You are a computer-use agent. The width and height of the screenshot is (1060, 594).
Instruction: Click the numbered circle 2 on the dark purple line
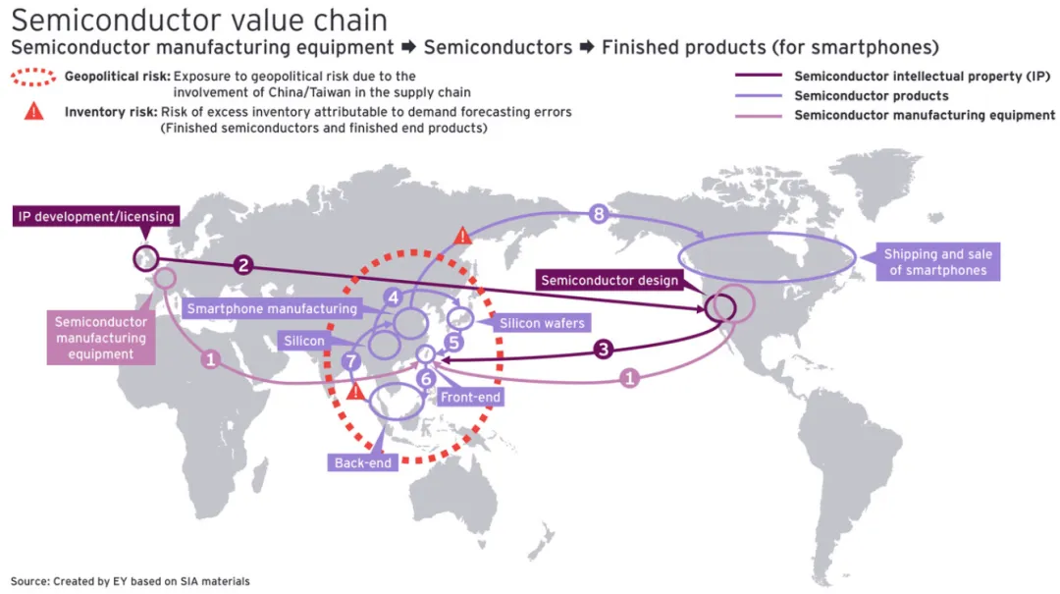[244, 265]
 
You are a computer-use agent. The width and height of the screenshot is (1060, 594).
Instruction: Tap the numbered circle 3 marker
[605, 349]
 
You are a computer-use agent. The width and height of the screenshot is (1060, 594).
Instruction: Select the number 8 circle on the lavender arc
[600, 212]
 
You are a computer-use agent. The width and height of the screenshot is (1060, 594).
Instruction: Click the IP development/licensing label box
[95, 216]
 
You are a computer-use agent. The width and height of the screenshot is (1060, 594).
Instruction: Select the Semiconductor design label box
[609, 281]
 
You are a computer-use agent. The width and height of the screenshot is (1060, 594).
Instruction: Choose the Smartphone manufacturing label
[272, 308]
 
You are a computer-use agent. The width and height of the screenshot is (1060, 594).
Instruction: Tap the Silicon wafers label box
[542, 323]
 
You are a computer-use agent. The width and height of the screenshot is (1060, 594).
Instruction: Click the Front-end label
[470, 398]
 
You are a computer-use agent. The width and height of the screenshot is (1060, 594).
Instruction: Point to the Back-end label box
[363, 462]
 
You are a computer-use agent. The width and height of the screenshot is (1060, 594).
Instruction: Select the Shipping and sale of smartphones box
[937, 262]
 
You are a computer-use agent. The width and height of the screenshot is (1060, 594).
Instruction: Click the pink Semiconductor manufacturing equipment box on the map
[101, 338]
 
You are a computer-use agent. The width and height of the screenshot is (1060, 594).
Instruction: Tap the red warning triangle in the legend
[34, 111]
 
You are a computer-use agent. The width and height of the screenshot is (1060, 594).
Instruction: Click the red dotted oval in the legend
[33, 76]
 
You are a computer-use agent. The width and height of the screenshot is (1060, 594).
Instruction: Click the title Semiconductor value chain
[199, 20]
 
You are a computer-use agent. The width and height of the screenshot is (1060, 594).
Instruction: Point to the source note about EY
[131, 581]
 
